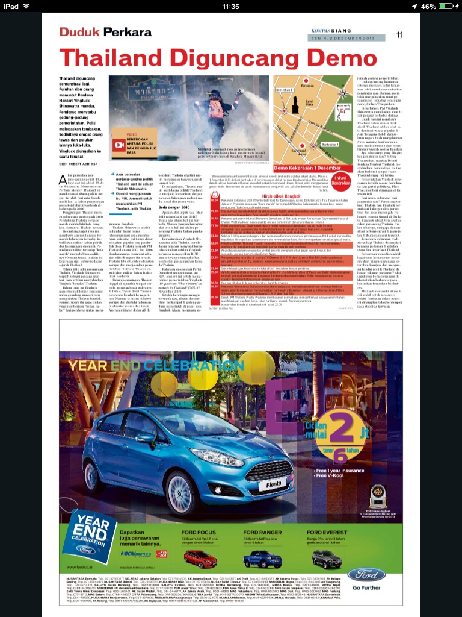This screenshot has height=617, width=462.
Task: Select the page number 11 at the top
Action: pos(398,35)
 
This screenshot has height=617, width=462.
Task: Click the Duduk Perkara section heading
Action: pos(105,32)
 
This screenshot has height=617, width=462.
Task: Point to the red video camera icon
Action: pos(117,146)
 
